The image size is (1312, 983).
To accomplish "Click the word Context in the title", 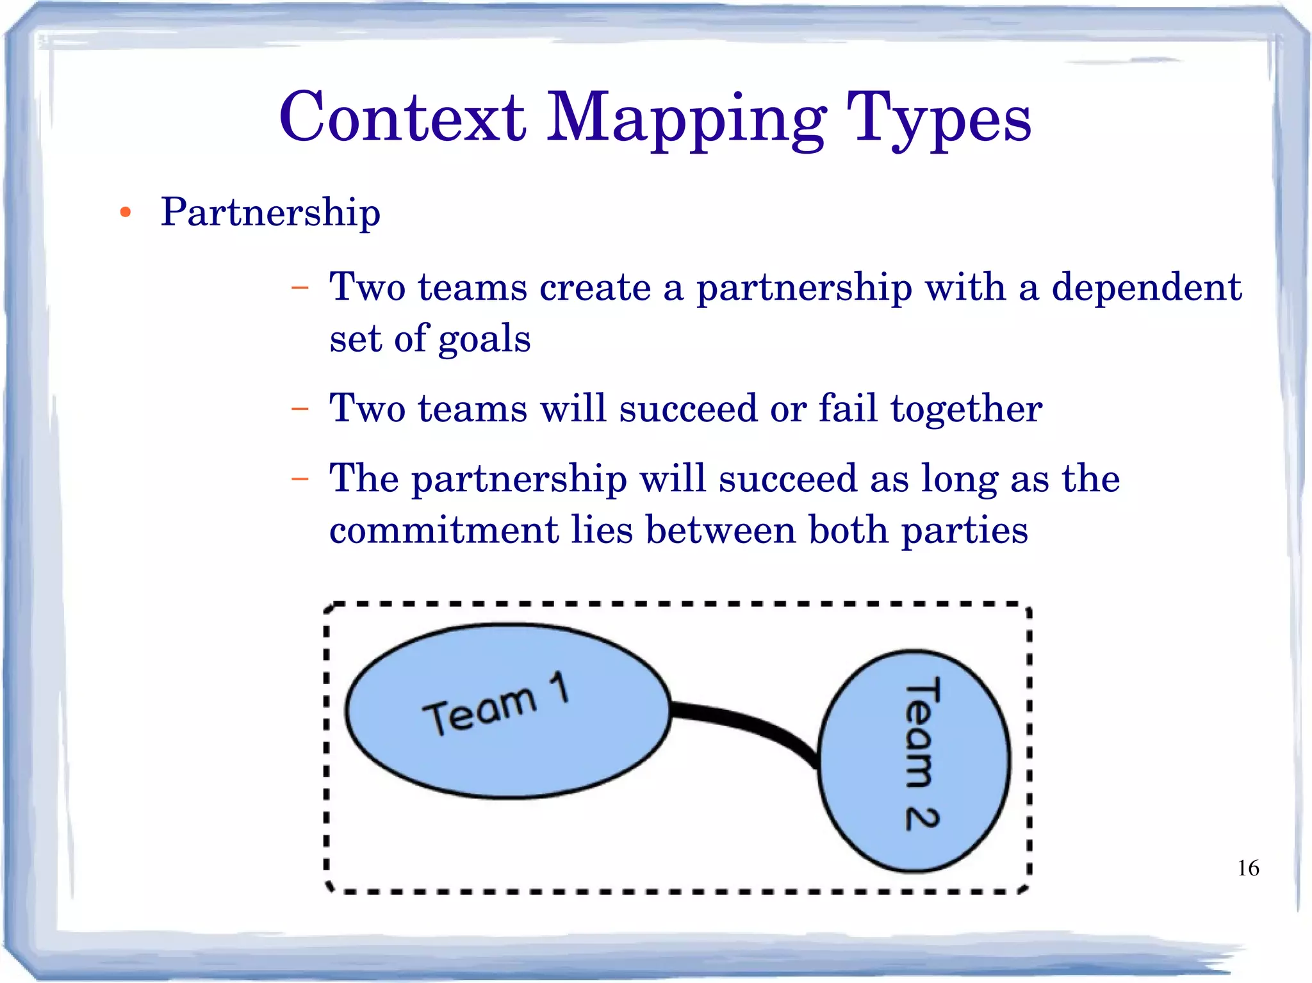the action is pos(402,118).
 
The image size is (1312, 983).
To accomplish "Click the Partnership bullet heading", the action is pos(270,213).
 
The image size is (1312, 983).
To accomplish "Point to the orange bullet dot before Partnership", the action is pos(126,213).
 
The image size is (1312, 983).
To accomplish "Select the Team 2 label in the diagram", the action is pos(921,754).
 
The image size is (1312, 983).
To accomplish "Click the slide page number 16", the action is pos(1248,868).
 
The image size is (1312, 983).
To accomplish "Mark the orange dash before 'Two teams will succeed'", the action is pos(299,408).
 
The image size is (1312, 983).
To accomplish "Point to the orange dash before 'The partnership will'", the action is pos(299,478).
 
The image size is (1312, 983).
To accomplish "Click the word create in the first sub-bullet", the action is pos(595,287).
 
